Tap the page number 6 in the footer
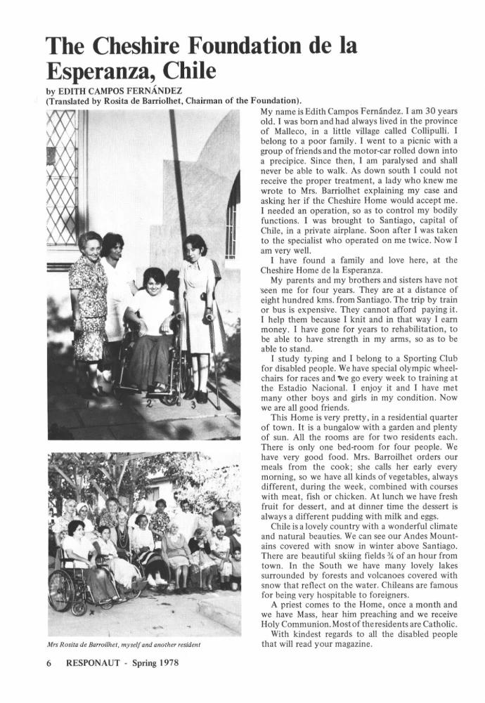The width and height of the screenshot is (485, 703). point(49,662)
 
